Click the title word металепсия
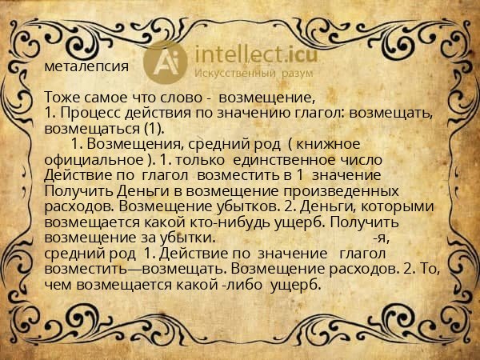point(86,66)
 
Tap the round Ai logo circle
point(166,62)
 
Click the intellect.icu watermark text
point(256,54)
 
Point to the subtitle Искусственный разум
point(254,74)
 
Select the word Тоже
point(62,98)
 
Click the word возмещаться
point(92,129)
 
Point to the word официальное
point(94,160)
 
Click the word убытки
point(186,238)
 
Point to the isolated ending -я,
point(382,238)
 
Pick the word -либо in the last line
point(242,285)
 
